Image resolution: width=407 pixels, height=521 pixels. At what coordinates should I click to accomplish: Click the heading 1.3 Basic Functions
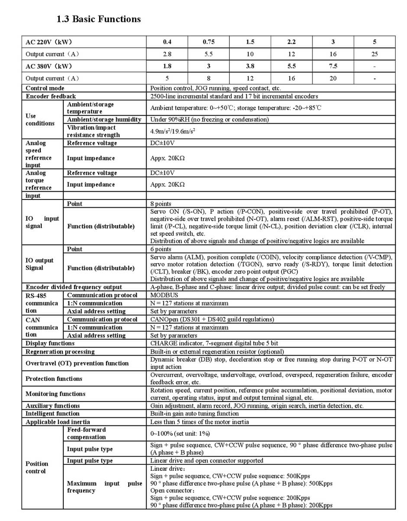tap(99, 19)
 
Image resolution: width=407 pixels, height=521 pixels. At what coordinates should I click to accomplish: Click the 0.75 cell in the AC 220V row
tap(208, 42)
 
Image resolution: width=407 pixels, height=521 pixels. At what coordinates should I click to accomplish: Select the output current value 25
tap(375, 54)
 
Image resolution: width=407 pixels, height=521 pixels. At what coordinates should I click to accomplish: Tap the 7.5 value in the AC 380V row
tap(333, 66)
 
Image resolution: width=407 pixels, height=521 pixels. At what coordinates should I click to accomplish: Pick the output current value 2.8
tap(167, 54)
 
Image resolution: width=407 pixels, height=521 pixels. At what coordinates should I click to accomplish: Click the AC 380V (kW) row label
tap(49, 66)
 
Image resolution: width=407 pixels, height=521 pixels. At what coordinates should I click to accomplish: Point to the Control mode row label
tap(45, 88)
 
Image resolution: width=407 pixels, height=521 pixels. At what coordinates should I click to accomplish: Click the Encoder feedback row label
tap(51, 96)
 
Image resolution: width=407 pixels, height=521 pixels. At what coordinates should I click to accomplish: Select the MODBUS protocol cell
tap(164, 295)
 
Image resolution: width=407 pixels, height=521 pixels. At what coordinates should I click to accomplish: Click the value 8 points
tap(161, 203)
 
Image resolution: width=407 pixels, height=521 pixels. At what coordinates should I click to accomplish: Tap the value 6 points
tap(161, 249)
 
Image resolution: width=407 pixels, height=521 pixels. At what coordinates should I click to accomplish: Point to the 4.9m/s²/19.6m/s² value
tap(172, 131)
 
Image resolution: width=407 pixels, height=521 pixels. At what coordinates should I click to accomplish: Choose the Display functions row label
tap(50, 343)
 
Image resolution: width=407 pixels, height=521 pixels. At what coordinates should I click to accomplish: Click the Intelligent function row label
tap(52, 414)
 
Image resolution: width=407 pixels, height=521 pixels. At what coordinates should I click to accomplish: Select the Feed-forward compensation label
tap(87, 433)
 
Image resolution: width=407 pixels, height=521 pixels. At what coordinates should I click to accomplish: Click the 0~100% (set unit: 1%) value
tap(180, 433)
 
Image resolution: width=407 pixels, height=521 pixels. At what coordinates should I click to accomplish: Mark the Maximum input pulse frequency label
tap(104, 487)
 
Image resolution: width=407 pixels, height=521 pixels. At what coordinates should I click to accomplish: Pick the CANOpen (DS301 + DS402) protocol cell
tap(212, 319)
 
